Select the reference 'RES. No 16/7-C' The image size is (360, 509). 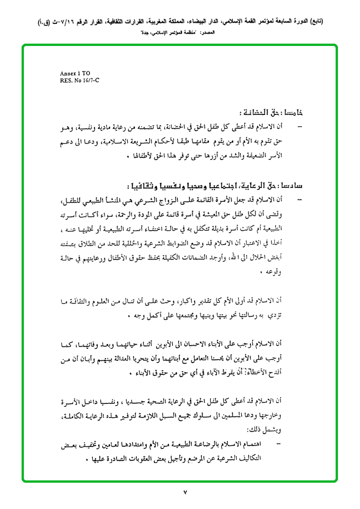tap(79, 80)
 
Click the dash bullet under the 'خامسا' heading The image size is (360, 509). tap(300, 127)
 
